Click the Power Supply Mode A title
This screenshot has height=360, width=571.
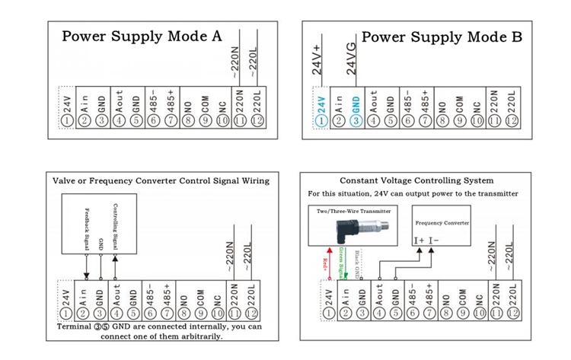pyautogui.click(x=142, y=37)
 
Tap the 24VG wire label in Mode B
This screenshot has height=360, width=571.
pyautogui.click(x=352, y=62)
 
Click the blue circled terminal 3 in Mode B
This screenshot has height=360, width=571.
pyautogui.click(x=355, y=120)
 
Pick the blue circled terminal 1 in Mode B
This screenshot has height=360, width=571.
pyautogui.click(x=321, y=120)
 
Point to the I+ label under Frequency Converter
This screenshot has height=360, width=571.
pyautogui.click(x=420, y=241)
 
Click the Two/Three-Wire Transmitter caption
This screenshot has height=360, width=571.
pyautogui.click(x=355, y=212)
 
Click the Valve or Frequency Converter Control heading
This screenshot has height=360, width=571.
pyautogui.click(x=160, y=180)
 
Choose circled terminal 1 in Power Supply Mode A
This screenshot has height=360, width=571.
pyautogui.click(x=67, y=120)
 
